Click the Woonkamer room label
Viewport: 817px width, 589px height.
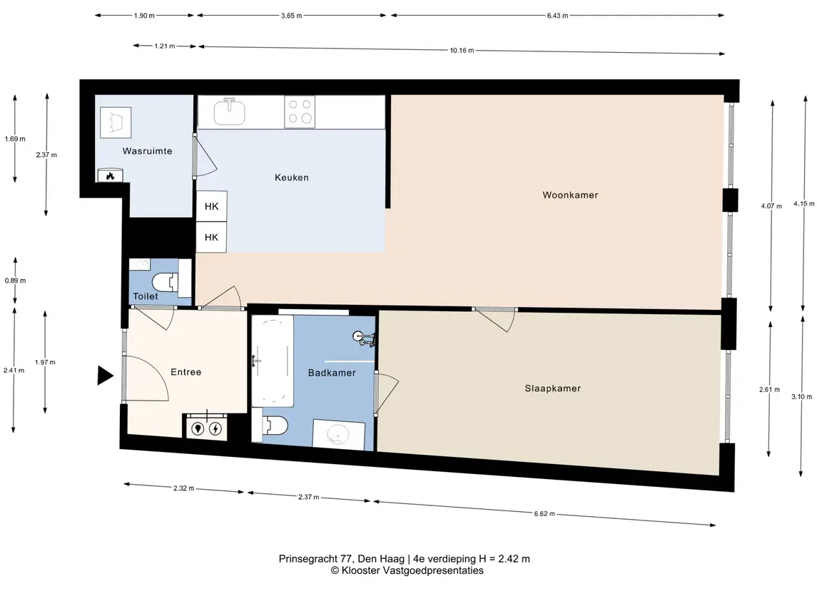click(x=570, y=195)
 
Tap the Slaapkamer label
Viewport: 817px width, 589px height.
click(x=552, y=388)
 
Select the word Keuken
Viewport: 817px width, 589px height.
click(x=291, y=178)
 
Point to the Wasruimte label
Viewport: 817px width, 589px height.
click(x=147, y=151)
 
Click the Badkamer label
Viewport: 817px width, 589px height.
click(x=332, y=373)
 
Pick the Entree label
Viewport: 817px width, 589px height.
click(x=186, y=372)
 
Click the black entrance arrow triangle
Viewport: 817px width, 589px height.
click(x=106, y=376)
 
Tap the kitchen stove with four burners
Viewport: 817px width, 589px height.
click(x=300, y=111)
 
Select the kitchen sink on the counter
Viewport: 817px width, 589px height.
click(x=229, y=111)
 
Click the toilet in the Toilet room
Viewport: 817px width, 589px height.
click(x=165, y=283)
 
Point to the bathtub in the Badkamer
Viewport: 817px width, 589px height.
click(x=272, y=361)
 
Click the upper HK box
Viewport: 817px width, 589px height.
click(x=211, y=206)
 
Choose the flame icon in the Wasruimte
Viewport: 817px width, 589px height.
click(x=110, y=176)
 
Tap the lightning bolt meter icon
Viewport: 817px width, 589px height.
click(x=215, y=429)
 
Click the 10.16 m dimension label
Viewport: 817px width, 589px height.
click(x=462, y=51)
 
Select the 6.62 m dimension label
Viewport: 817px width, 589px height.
click(x=544, y=513)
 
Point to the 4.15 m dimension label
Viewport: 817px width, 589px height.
click(x=804, y=203)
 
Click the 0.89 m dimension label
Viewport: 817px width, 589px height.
click(x=16, y=281)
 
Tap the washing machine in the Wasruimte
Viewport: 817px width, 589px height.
click(x=115, y=123)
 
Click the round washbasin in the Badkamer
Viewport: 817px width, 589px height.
click(x=339, y=434)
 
